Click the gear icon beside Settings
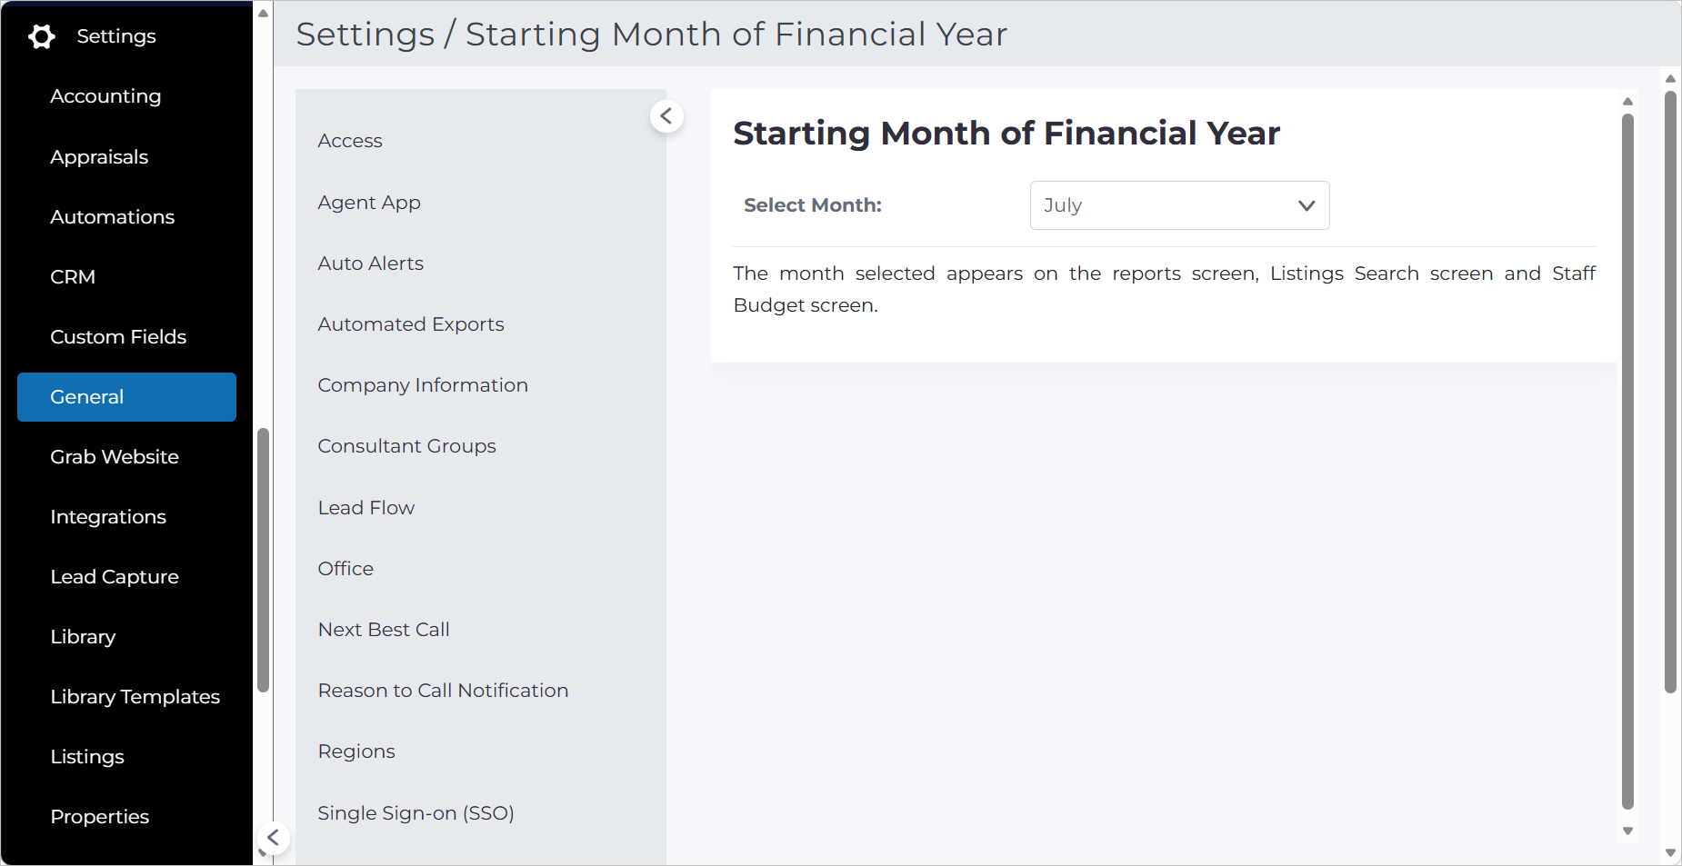tap(41, 36)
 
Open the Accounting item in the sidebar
tap(105, 96)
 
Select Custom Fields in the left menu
tap(118, 337)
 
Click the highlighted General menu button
tap(126, 397)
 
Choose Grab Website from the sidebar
tap(115, 457)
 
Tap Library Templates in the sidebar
tap(135, 697)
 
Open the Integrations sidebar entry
tap(108, 517)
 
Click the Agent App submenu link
tap(369, 203)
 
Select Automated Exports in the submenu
tap(411, 324)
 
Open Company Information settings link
tap(423, 385)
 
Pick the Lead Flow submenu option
tap(366, 508)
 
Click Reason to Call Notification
tap(444, 691)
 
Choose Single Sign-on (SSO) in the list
tap(416, 813)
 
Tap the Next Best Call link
tap(384, 630)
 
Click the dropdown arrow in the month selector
tap(1307, 205)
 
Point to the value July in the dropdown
tap(1063, 205)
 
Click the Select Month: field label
tap(813, 205)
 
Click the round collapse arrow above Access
tap(666, 116)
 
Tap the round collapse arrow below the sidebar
tap(273, 838)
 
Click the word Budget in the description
tap(769, 305)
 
